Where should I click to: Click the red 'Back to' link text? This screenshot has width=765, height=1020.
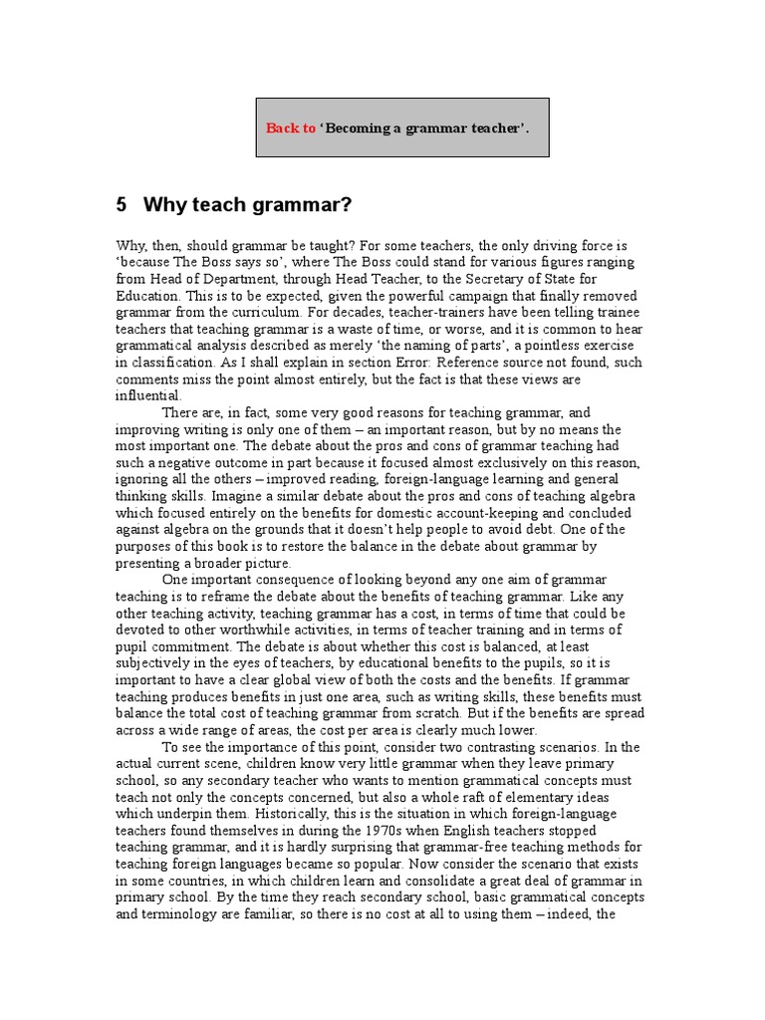[291, 128]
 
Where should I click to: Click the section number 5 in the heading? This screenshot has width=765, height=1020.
[122, 206]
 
